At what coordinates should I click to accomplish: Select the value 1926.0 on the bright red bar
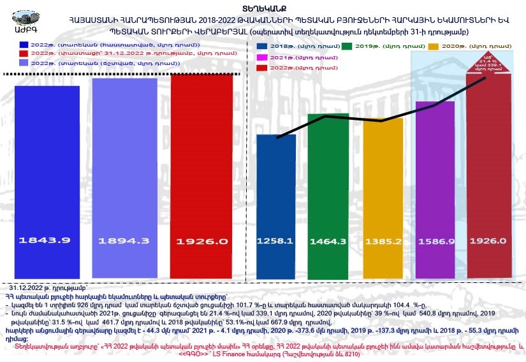tap(201, 241)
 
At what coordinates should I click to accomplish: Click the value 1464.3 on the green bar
tap(328, 241)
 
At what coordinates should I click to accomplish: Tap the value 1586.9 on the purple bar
tap(435, 241)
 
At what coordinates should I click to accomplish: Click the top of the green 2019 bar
tap(328, 115)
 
